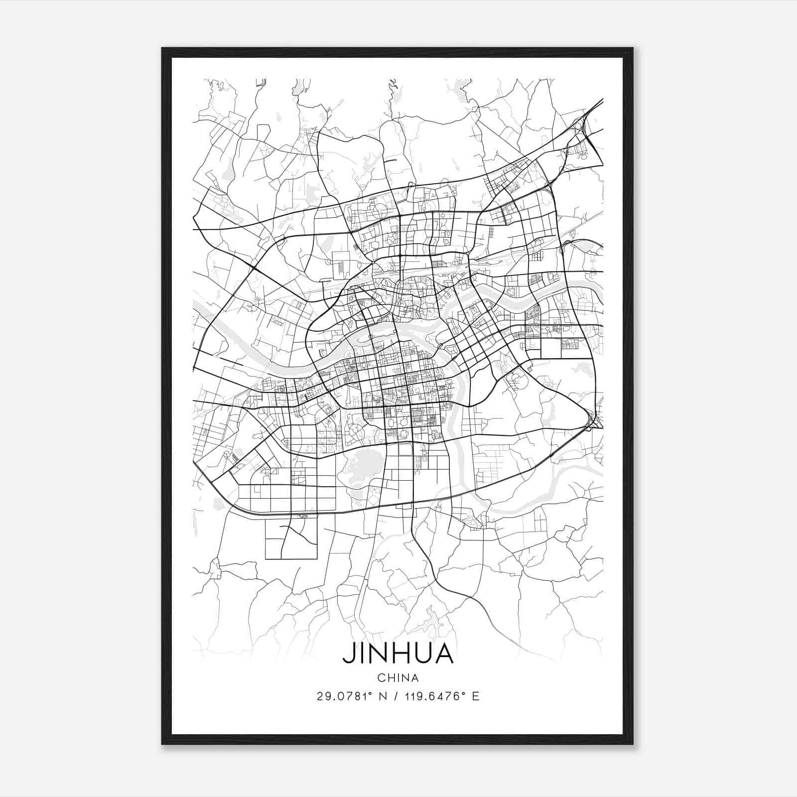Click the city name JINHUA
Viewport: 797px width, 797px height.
398,654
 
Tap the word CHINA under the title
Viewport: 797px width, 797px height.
398,678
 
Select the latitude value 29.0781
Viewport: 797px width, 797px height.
342,696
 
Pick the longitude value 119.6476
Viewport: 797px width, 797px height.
430,696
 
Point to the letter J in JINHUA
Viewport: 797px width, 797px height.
348,654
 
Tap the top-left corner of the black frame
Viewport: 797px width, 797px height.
163,49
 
